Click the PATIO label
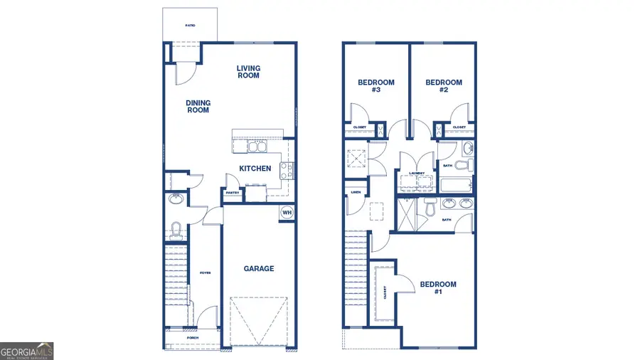coord(190,26)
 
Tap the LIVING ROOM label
coord(248,72)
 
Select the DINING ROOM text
coord(198,107)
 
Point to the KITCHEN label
coord(255,169)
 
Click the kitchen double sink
coord(256,147)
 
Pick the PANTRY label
coord(232,192)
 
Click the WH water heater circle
coord(287,212)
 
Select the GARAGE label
coord(259,269)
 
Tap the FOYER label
coord(205,272)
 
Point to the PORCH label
coord(192,337)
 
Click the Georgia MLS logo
coord(26,351)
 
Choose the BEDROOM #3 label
coord(375,86)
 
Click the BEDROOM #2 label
coord(444,86)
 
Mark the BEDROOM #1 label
coord(438,288)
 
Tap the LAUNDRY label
coord(417,173)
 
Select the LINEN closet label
coord(355,192)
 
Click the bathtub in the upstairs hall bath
coord(456,186)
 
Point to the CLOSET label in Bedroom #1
coord(385,292)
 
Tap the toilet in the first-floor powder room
coord(176,229)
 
